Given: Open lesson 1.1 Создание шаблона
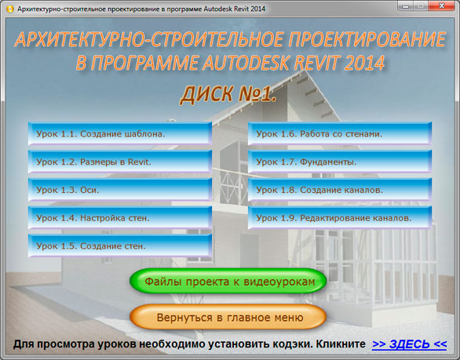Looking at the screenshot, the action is pos(120,133).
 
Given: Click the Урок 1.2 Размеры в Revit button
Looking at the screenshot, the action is pos(120,162).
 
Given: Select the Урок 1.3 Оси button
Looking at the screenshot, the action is pos(120,190).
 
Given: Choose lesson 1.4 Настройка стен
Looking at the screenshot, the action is pos(120,218).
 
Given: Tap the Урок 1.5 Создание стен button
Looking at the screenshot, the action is pos(120,245).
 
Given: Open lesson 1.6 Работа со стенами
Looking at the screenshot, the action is pos(340,133).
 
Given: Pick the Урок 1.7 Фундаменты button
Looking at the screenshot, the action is pos(340,162).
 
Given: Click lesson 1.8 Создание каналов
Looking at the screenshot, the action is pos(340,190).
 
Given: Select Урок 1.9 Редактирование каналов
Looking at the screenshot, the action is pos(340,218).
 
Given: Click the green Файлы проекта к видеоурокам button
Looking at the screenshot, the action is pos(228,281).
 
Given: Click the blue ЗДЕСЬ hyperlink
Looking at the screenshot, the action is pos(409,344).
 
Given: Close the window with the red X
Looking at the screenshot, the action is pos(441,5).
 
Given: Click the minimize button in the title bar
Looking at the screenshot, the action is pos(406,5).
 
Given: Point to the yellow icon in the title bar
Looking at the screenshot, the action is pos(10,9).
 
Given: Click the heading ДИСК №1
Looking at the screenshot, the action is pos(228,94).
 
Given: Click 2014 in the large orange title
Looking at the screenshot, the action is pos(364,63).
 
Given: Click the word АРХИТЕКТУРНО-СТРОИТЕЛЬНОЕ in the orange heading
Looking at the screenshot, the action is pos(149,39).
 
